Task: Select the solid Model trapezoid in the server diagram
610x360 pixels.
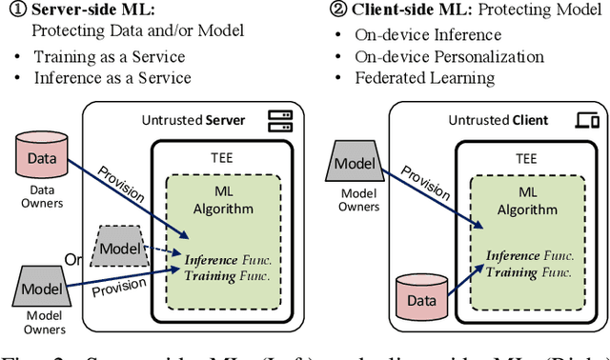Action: click(41, 288)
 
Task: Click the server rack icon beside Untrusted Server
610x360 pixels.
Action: click(279, 121)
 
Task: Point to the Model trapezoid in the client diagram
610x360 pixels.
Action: click(355, 162)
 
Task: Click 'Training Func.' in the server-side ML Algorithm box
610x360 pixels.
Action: click(229, 275)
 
